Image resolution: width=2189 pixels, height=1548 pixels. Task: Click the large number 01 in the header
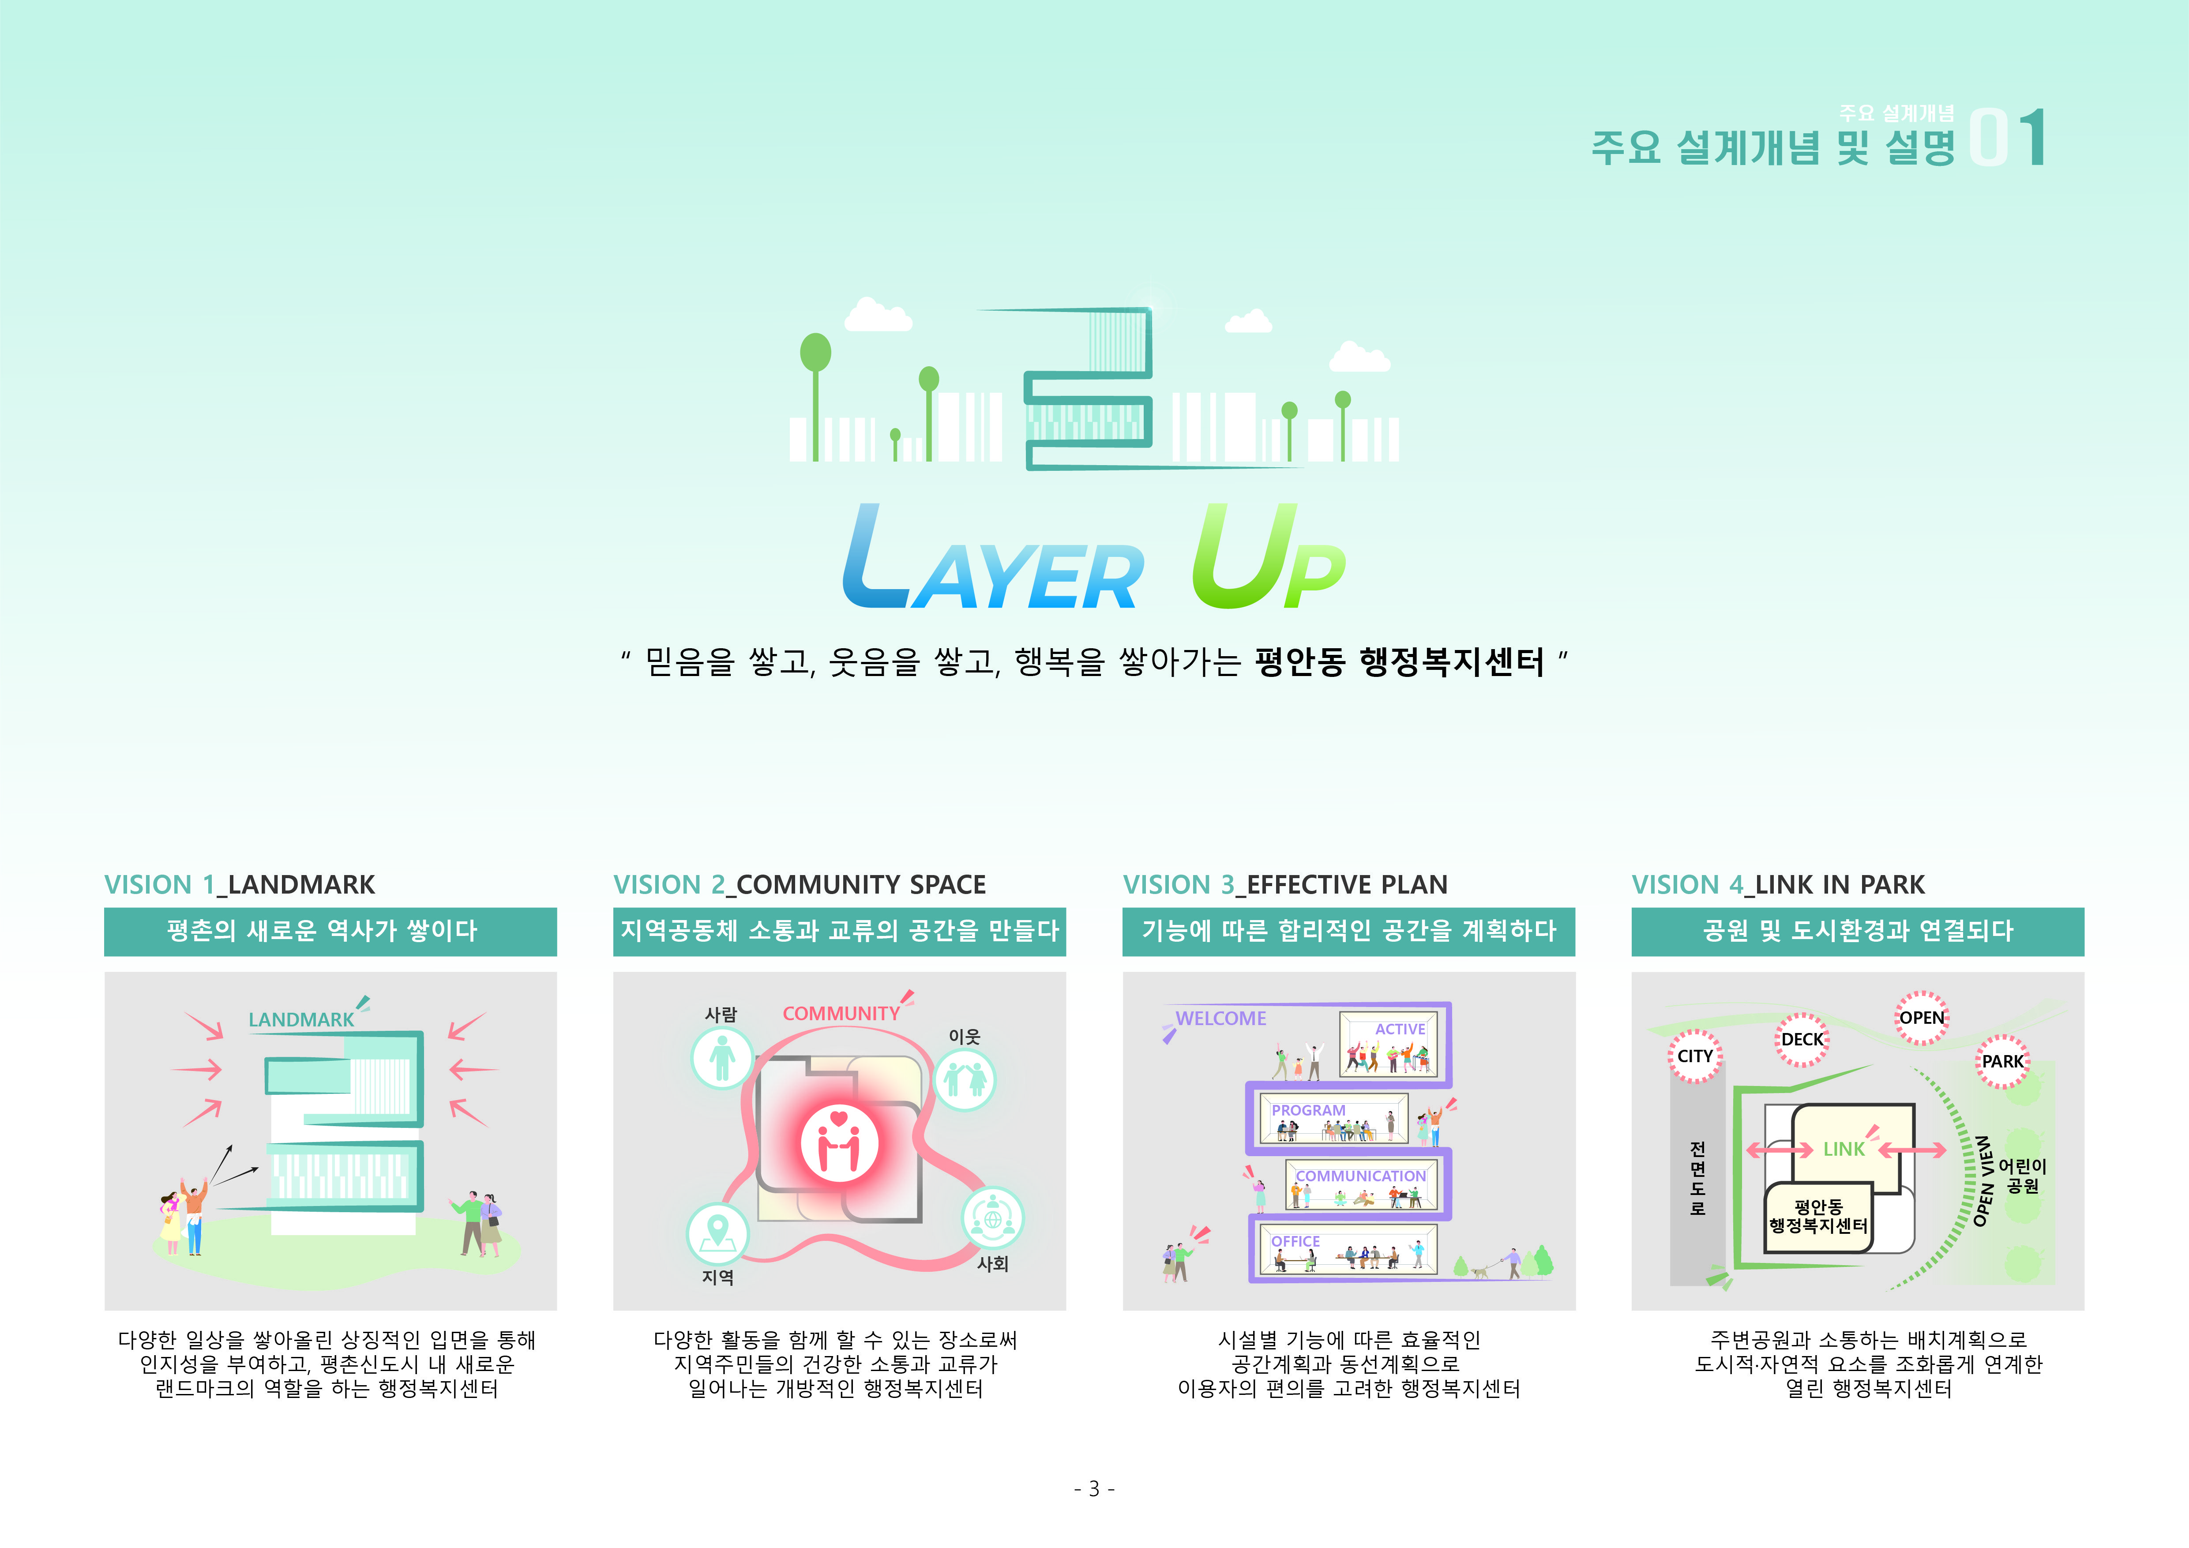pos(2008,138)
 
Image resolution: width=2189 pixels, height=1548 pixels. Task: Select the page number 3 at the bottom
pos(1094,1488)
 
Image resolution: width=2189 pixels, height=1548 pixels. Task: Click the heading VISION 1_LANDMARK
pos(239,885)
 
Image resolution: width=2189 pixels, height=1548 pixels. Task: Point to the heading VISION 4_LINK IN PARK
pos(1778,885)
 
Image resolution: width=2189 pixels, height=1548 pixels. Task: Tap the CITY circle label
pos(1695,1056)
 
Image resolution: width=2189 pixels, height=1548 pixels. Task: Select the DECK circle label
pos(1802,1039)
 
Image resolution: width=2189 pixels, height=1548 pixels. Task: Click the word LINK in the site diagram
pos(1844,1150)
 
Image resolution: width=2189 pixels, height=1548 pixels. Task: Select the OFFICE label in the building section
pos(1295,1241)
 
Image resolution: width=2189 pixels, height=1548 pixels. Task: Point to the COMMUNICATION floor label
pos(1360,1176)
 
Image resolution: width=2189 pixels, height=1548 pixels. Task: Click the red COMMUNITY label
pos(841,1013)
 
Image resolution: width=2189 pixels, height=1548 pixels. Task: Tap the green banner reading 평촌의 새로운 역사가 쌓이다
pos(330,931)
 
